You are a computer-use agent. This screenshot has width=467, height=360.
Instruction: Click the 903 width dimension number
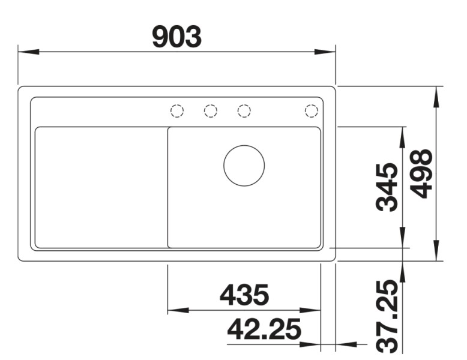point(176,37)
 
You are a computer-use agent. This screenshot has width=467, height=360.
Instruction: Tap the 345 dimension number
point(387,187)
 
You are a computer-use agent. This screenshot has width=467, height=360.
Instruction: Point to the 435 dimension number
point(244,295)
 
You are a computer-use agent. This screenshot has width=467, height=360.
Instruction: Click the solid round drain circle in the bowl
point(244,165)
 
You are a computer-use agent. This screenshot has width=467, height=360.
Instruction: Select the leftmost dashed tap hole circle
point(176,111)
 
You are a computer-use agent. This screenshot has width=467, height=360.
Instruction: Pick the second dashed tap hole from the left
point(210,111)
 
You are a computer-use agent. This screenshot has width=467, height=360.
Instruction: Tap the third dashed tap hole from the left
point(244,111)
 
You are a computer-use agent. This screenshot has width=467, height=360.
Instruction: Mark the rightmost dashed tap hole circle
point(311,111)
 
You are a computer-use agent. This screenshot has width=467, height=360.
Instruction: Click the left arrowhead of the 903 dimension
point(28,52)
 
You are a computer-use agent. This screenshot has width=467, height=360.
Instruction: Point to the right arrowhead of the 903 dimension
point(325,52)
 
